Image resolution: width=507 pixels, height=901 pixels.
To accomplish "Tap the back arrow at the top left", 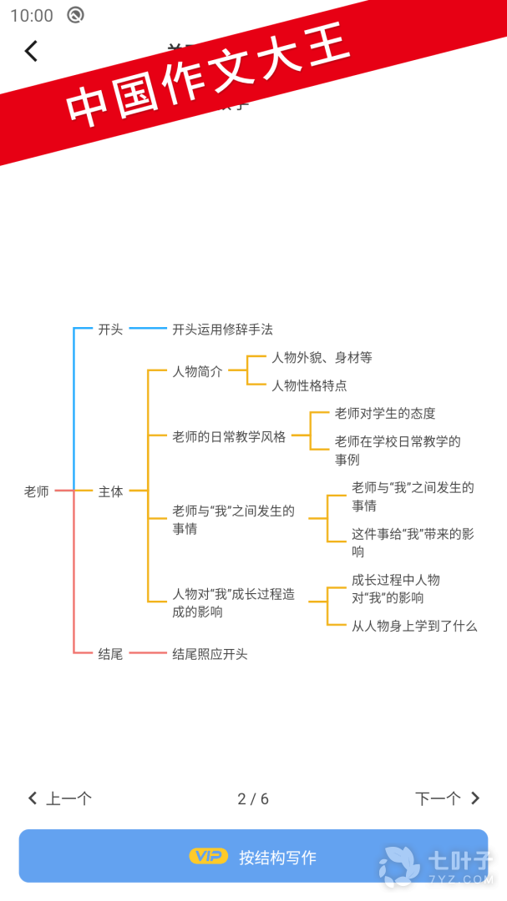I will tap(31, 52).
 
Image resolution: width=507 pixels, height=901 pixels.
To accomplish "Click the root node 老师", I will tap(37, 492).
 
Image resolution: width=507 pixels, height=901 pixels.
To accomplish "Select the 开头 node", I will tap(110, 330).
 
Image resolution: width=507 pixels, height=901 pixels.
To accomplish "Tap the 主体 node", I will tap(110, 492).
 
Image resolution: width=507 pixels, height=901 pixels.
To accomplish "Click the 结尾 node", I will tap(110, 654).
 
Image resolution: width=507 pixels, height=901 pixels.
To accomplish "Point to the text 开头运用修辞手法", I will tap(222, 330).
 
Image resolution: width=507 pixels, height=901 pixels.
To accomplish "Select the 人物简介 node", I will tap(197, 372).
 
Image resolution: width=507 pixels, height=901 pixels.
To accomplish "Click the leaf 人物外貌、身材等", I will tap(322, 358).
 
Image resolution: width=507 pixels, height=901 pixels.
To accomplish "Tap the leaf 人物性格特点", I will tap(309, 385).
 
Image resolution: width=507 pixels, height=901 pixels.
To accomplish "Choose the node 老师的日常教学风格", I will tap(229, 436).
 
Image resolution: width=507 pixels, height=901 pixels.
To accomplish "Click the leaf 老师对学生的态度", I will tap(385, 414).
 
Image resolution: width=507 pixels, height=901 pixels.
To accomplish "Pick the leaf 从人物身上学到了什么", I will tap(414, 626).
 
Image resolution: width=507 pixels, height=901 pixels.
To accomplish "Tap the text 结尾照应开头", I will tap(210, 654).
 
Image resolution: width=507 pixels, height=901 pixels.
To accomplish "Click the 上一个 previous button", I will tap(60, 798).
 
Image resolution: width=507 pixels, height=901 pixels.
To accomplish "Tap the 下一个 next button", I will tap(448, 798).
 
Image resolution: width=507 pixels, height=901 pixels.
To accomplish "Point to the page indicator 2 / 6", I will tap(253, 799).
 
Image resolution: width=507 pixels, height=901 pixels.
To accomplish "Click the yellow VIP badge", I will tap(208, 856).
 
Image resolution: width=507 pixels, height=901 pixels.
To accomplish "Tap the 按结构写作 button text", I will tap(277, 858).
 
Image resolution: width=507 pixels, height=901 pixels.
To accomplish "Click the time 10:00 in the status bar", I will tap(32, 15).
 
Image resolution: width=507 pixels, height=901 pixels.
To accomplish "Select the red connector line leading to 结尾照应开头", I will tap(148, 653).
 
